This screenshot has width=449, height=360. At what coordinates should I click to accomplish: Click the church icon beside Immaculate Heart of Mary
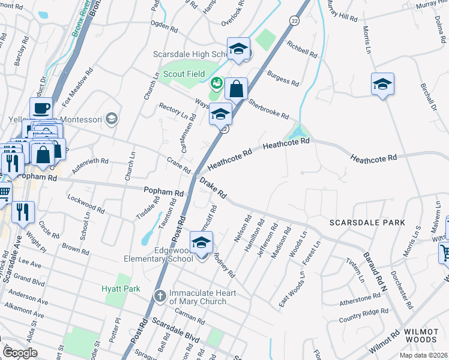160,296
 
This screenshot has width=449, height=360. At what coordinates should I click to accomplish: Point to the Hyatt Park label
121,289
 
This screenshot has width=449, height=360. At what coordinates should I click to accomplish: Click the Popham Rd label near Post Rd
163,192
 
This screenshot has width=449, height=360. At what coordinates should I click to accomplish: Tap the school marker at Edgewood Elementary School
202,242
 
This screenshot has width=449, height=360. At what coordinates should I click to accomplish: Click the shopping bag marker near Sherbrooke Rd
237,89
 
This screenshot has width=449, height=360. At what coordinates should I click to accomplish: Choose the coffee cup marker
41,109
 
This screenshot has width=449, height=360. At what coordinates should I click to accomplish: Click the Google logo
19,352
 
